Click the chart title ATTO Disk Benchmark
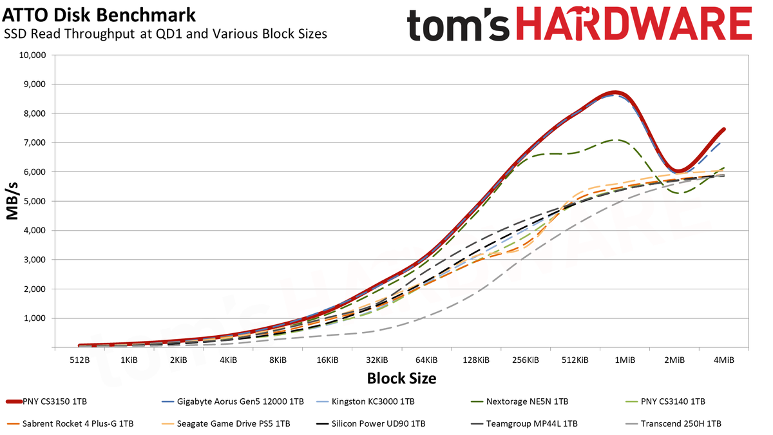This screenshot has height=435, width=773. coord(99,15)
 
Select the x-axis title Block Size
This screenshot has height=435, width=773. coord(401,378)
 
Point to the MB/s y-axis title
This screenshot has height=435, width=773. coord(12,201)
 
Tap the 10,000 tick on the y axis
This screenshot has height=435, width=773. coord(32,55)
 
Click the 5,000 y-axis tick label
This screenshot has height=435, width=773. coord(35,201)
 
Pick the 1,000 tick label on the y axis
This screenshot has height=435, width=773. coord(35,318)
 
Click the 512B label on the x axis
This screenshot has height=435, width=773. coord(79,360)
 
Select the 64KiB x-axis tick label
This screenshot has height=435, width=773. coord(426,360)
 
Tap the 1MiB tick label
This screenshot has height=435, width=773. coord(625,360)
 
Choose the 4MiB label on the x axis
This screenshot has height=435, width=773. coord(723,360)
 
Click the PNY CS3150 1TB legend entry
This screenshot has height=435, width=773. coord(46,401)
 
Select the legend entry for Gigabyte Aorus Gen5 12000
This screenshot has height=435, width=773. coord(233,401)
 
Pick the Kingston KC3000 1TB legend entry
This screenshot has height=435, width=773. coord(365,401)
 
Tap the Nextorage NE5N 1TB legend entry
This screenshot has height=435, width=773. coord(519,401)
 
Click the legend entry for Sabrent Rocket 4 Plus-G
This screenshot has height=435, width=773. coord(70,423)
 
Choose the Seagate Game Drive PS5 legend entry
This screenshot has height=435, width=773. coord(225,423)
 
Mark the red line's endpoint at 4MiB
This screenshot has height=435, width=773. coord(723,130)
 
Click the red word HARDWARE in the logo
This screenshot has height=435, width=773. coord(634,23)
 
